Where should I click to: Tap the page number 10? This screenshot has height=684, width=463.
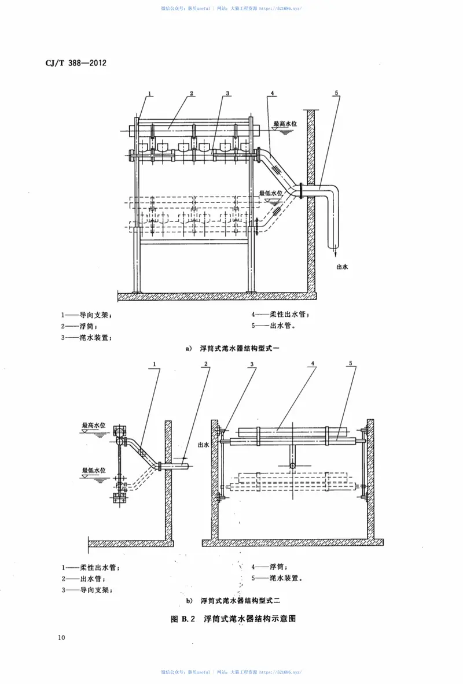click(61, 638)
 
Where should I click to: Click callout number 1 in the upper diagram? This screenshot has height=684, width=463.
click(149, 93)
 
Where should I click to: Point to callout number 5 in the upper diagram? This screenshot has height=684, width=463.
click(336, 93)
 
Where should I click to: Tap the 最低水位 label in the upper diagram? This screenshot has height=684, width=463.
click(270, 193)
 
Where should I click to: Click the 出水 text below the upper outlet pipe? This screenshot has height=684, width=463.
click(342, 267)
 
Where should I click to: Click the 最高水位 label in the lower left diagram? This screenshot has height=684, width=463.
click(94, 424)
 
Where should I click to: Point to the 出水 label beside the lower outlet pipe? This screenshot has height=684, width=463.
click(203, 445)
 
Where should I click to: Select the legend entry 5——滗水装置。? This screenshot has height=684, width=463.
click(277, 578)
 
